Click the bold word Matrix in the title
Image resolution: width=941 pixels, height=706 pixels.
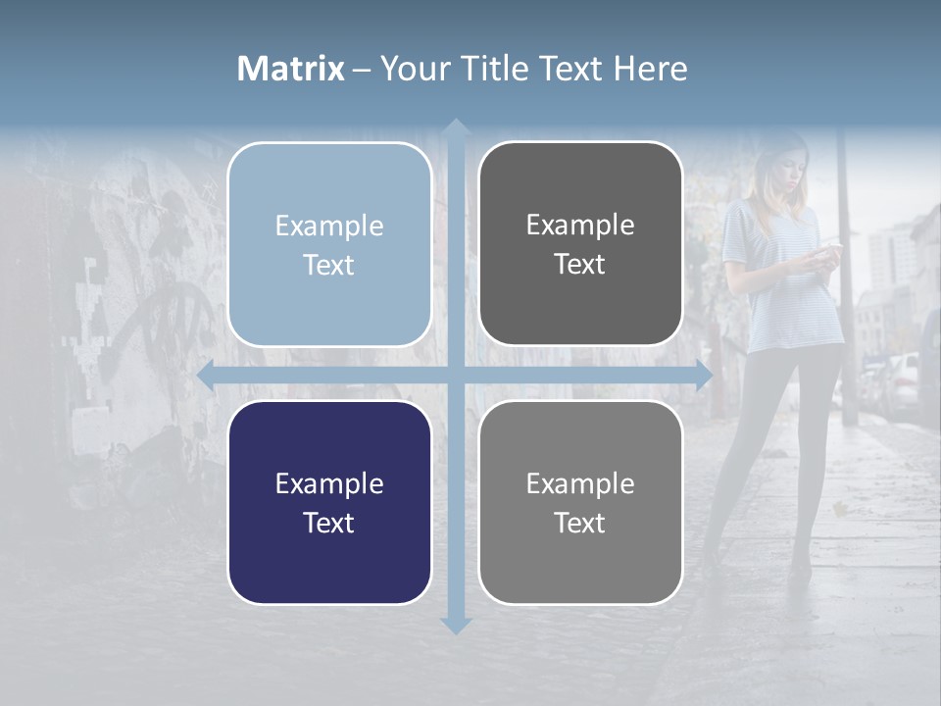click(290, 69)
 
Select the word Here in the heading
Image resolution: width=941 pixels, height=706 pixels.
click(650, 69)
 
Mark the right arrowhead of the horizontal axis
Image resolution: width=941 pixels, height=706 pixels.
click(702, 375)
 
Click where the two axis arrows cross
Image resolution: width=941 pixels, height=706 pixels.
click(455, 375)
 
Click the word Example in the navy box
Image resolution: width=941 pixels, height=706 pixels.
click(329, 483)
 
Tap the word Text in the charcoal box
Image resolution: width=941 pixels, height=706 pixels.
click(580, 265)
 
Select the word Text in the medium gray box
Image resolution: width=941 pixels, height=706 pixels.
click(580, 523)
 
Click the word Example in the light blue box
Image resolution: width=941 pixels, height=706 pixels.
click(329, 226)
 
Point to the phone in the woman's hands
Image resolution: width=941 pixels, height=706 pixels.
click(828, 251)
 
